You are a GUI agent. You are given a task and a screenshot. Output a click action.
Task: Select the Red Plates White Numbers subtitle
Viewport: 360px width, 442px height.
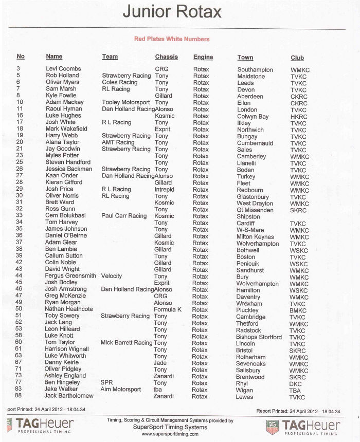[x=172, y=39]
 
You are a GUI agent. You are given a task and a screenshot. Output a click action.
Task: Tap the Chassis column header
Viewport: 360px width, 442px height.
[x=166, y=57]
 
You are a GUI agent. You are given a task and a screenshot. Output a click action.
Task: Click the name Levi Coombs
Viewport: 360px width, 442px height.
[x=63, y=69]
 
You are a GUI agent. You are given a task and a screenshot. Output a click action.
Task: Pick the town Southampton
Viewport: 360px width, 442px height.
[x=255, y=70]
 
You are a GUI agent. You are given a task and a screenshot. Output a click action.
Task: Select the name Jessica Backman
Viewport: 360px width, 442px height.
[x=68, y=169]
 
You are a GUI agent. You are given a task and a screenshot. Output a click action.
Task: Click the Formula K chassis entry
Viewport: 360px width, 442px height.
[x=168, y=309]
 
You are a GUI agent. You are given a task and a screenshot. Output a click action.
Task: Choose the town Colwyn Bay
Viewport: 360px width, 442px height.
[x=253, y=117]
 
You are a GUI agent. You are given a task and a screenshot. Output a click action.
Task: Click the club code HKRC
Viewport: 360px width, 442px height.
[x=299, y=117]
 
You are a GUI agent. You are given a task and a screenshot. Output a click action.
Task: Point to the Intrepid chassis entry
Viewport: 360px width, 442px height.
[x=165, y=189]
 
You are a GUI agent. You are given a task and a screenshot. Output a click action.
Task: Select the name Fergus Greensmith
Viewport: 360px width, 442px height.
[x=70, y=276]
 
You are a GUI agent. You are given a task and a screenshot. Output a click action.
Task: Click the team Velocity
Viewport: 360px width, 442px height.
[x=112, y=276]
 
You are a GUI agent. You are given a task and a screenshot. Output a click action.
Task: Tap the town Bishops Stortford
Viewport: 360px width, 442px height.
[x=259, y=337]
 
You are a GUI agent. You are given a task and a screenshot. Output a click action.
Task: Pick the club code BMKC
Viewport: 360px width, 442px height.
[x=299, y=310]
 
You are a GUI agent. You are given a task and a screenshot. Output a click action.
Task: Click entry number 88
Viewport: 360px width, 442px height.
[x=19, y=396]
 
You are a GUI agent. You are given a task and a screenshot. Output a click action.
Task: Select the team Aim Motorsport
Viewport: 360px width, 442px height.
[x=121, y=390]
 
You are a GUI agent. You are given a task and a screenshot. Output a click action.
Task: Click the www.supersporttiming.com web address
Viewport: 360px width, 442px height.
[x=170, y=434]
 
